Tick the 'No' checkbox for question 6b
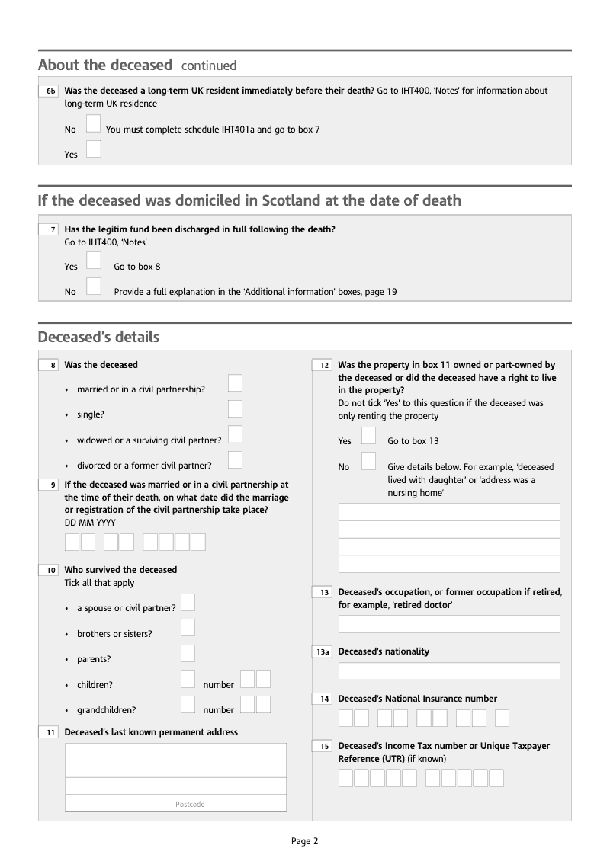(x=94, y=123)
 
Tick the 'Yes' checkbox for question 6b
(x=94, y=149)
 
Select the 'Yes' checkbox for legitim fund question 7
(x=94, y=261)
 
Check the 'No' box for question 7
(x=94, y=286)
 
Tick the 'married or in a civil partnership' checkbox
(x=236, y=383)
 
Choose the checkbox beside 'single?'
(x=236, y=409)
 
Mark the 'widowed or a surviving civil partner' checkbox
(x=236, y=434)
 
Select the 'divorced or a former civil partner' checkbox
(x=236, y=459)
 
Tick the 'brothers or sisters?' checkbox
(x=188, y=628)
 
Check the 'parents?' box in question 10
(x=188, y=653)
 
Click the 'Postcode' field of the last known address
(x=175, y=803)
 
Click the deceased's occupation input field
(x=449, y=624)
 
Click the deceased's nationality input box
(x=449, y=671)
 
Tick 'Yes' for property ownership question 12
(x=368, y=435)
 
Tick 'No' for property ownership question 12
(x=368, y=461)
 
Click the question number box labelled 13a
(x=323, y=652)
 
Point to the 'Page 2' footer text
(x=304, y=841)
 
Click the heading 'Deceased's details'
(x=98, y=337)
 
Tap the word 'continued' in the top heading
(x=209, y=66)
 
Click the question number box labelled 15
(x=323, y=747)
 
